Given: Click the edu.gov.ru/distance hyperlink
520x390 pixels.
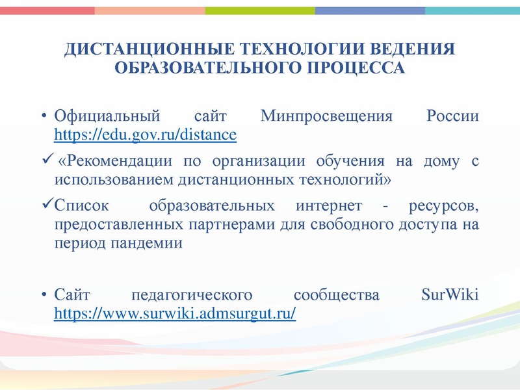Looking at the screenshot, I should point(145,135).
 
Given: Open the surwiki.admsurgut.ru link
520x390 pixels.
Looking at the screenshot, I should point(175,313).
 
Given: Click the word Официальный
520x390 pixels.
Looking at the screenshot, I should point(107,117).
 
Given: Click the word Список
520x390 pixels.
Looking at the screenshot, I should point(81,207).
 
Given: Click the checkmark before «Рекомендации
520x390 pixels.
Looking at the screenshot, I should point(44,160).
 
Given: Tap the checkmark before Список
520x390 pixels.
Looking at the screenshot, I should point(44,206).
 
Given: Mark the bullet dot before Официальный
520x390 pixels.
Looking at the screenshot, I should point(44,118).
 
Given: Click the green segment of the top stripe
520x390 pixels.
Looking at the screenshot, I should point(260,10).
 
